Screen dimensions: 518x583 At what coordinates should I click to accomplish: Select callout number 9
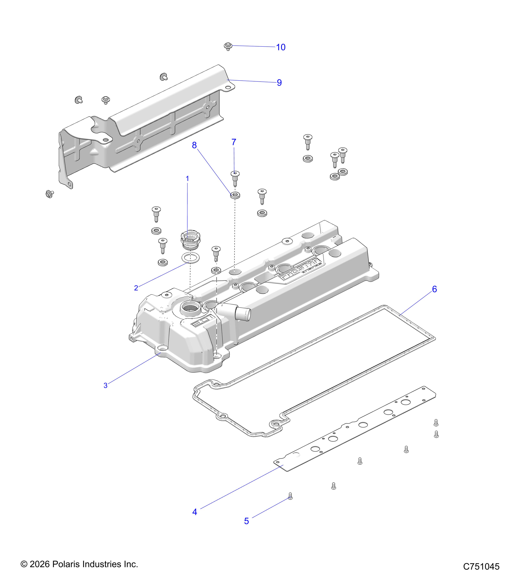tap(279, 83)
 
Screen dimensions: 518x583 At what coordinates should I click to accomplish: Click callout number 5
tap(247, 521)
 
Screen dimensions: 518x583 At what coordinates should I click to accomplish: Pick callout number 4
tap(195, 512)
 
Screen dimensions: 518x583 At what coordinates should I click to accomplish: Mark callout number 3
tap(106, 386)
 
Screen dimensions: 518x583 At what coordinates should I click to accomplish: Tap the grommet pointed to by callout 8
tap(235, 195)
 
